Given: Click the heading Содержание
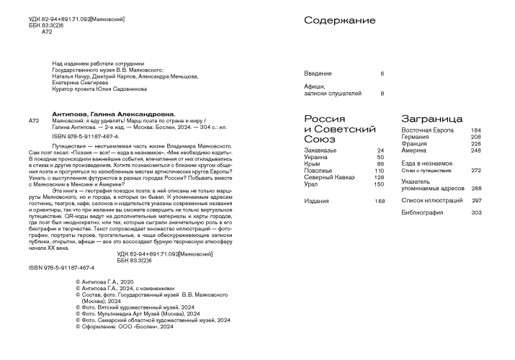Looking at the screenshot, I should coord(339,22).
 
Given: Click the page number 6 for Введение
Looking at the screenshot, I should coord(382,74).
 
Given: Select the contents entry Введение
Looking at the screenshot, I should coord(318,74).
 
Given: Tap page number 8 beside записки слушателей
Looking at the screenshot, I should coord(382,94).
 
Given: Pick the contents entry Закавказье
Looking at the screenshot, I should coord(321,150).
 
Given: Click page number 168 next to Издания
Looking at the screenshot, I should coord(379,201).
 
